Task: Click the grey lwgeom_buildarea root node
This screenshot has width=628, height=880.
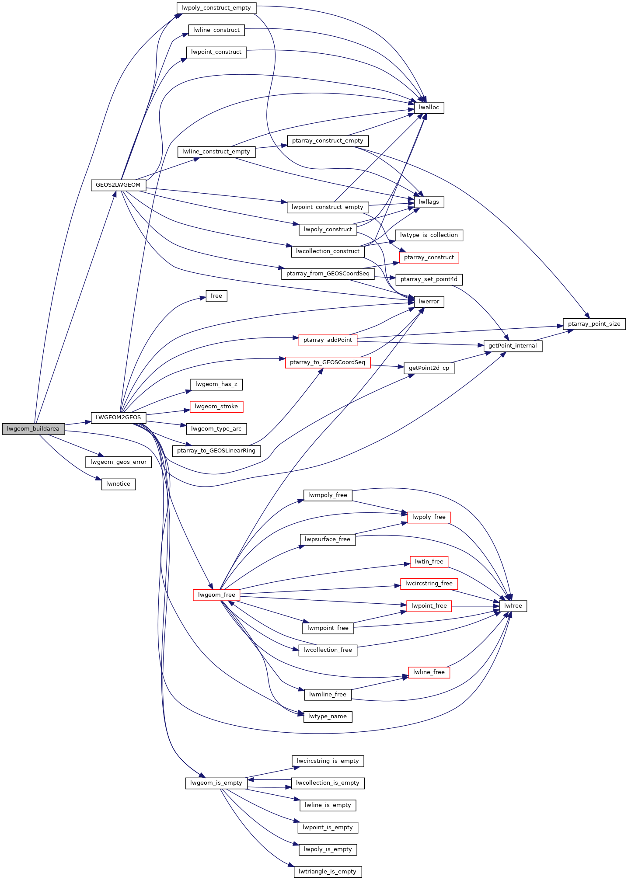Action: (33, 429)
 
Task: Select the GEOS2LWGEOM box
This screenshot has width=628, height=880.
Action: (118, 185)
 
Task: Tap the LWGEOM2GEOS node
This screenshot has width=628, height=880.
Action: (118, 417)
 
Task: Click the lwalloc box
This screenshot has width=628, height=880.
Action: (429, 108)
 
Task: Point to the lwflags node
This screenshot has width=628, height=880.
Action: (429, 202)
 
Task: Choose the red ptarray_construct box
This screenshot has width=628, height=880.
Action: (429, 257)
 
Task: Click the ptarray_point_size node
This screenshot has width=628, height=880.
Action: (594, 324)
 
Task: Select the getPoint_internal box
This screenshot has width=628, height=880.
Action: (513, 346)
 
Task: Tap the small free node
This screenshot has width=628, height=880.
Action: (216, 296)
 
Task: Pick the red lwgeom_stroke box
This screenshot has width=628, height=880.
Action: (216, 407)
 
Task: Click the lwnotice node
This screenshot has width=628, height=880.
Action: (118, 484)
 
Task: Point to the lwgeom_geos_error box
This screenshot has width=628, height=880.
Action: (118, 462)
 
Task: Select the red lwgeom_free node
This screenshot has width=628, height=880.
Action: (216, 595)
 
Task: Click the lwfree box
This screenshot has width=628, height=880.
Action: (513, 606)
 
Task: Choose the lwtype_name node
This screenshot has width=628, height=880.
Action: (328, 717)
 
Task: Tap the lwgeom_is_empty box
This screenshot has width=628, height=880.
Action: (216, 783)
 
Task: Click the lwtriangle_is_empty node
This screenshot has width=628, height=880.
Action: (328, 872)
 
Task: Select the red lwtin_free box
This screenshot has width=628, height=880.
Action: (429, 562)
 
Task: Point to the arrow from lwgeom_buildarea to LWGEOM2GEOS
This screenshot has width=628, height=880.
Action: (78, 423)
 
